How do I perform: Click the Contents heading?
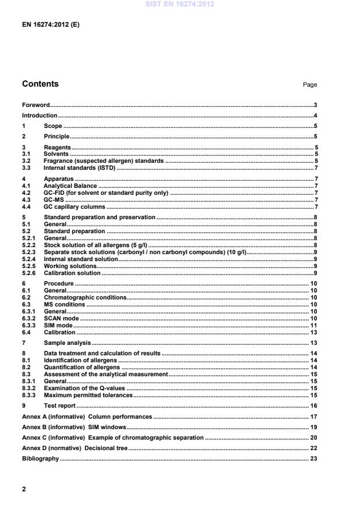[40, 84]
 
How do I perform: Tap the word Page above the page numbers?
[310, 85]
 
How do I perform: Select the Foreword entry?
[35, 105]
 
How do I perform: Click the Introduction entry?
[40, 116]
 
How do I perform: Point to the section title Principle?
[56, 136]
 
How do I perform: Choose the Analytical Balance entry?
[70, 186]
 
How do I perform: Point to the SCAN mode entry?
[62, 319]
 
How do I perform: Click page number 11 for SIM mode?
[313, 326]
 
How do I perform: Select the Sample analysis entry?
[66, 343]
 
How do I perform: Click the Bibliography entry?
[41, 459]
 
